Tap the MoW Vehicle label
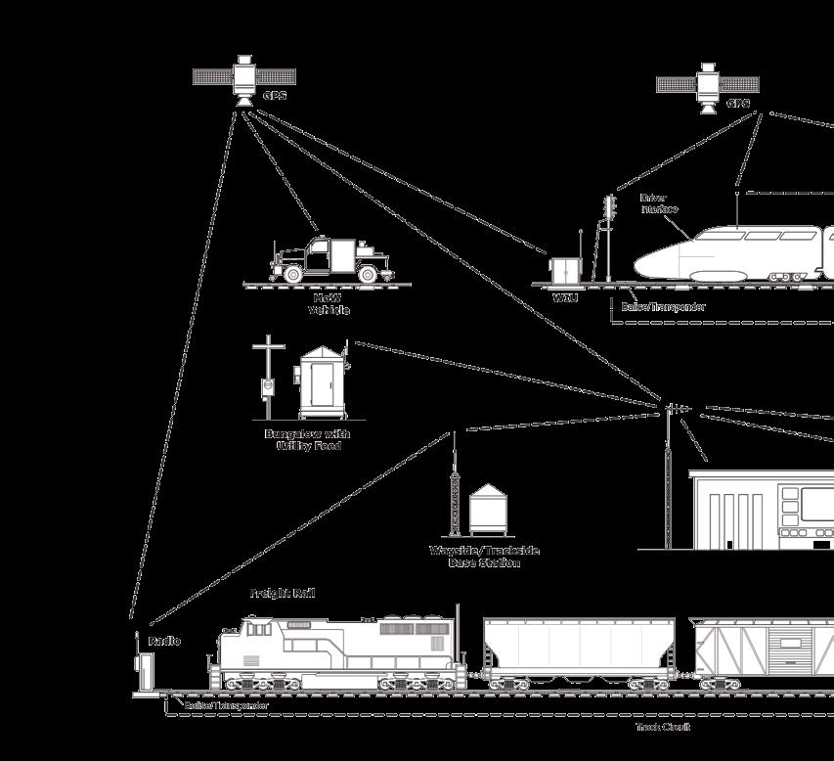point(329,304)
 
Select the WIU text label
point(565,296)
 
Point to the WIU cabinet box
point(563,270)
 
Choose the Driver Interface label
point(658,203)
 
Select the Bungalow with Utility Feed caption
point(307,439)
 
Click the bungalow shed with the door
point(321,381)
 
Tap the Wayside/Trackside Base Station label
point(484,557)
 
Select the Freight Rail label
point(282,594)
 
